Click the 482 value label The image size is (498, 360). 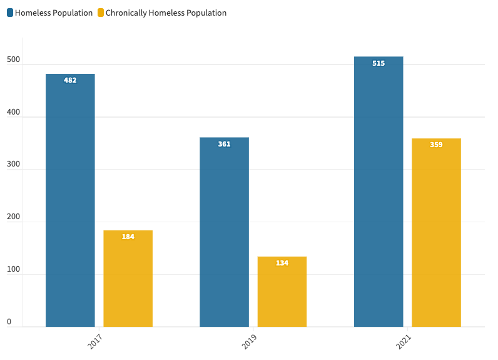pyautogui.click(x=70, y=80)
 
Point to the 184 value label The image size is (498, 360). pyautogui.click(x=128, y=237)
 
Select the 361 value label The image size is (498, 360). pyautogui.click(x=224, y=144)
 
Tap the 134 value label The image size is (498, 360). pyautogui.click(x=282, y=263)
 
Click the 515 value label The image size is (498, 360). pyautogui.click(x=379, y=63)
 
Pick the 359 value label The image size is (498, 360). pyautogui.click(x=436, y=145)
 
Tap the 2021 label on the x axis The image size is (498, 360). pyautogui.click(x=404, y=342)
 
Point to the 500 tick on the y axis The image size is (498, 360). pyautogui.click(x=13, y=61)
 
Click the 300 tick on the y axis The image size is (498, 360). pyautogui.click(x=13, y=165)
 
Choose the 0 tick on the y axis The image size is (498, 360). pyautogui.click(x=9, y=322)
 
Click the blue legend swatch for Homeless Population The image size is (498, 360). pyautogui.click(x=10, y=13)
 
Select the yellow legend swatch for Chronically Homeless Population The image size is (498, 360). pyautogui.click(x=101, y=13)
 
